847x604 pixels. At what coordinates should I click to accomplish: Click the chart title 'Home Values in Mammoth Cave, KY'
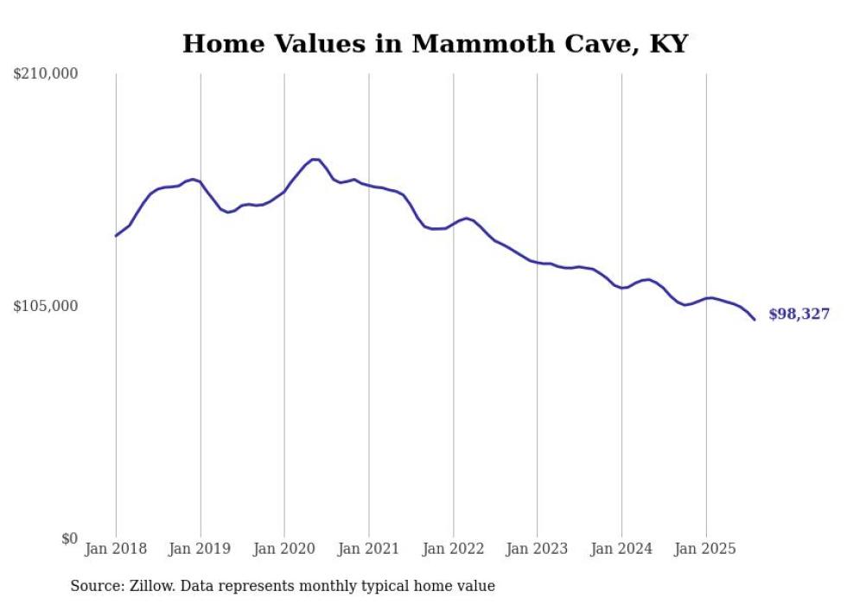point(435,44)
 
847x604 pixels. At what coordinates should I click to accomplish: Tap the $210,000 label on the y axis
point(46,74)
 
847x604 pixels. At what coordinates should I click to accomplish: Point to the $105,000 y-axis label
point(46,306)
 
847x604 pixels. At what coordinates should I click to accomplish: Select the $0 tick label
point(69,538)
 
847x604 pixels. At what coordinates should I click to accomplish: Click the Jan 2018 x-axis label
point(116,549)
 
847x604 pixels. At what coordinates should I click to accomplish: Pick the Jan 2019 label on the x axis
point(201,549)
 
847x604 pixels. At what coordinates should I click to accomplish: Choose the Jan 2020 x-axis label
point(284,549)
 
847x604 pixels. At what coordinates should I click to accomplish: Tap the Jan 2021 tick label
point(369,549)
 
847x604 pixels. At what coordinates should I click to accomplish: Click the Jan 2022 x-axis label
point(453,549)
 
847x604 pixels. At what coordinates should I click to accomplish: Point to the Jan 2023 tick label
point(537,549)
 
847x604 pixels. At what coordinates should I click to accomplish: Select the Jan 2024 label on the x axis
point(621,549)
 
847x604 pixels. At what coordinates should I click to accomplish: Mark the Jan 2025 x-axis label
point(706,549)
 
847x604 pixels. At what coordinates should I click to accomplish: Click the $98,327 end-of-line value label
point(799,315)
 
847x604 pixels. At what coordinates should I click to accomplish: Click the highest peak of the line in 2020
point(315,159)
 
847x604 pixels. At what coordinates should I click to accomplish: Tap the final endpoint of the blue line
point(755,320)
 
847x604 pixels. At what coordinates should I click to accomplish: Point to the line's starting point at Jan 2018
point(116,236)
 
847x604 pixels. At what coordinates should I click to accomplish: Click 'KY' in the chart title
point(668,44)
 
